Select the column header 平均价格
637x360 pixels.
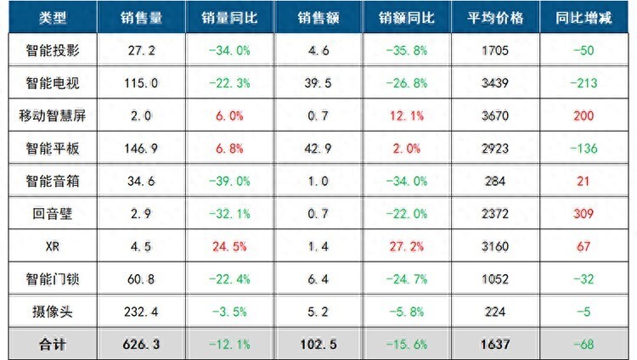click(x=495, y=18)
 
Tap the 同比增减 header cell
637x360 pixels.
click(x=583, y=18)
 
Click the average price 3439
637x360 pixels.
click(x=495, y=83)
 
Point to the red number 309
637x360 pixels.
click(x=583, y=212)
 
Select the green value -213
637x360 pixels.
click(x=583, y=83)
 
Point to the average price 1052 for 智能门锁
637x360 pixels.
click(x=495, y=278)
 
